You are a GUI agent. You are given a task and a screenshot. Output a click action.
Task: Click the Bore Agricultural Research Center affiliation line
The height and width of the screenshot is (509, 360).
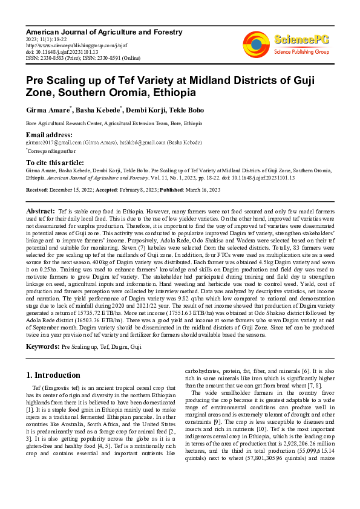click(x=105, y=123)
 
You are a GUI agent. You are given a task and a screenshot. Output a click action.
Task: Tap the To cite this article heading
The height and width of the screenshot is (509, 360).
click(x=55, y=163)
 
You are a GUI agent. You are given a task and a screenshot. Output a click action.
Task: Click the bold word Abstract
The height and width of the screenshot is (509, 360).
click(x=41, y=210)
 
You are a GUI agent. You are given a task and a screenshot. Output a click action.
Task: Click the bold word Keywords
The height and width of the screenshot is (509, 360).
click(x=42, y=347)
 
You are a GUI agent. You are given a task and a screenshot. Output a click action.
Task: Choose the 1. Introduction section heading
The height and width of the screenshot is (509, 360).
click(x=54, y=375)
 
